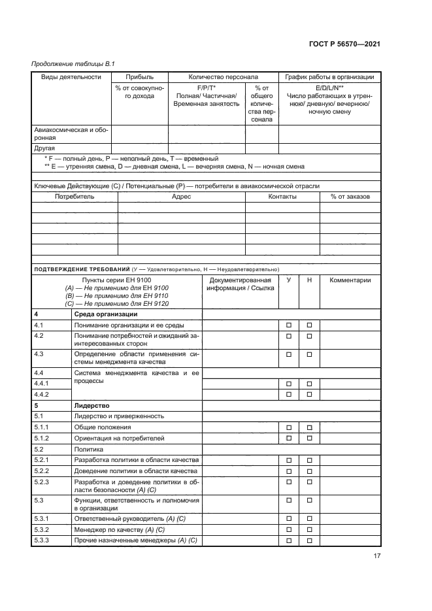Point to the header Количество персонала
(x=224, y=77)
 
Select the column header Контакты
(x=282, y=196)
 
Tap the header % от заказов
(x=350, y=196)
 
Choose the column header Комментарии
(x=350, y=280)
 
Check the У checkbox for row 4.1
(x=288, y=325)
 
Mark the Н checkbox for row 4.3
(x=310, y=355)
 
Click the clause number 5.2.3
(x=43, y=482)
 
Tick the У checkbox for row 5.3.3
(x=288, y=540)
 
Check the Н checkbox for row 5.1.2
(x=310, y=438)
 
